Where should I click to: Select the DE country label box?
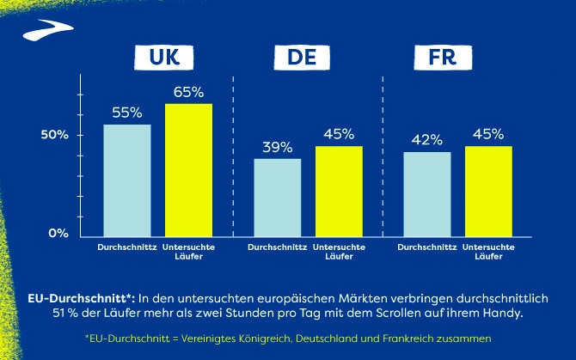(x=308, y=58)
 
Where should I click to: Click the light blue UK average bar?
(x=127, y=180)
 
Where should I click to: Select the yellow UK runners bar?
(x=188, y=170)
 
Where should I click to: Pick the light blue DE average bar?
(x=277, y=198)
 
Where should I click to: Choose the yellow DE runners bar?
(x=339, y=192)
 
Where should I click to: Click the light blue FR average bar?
(x=427, y=194)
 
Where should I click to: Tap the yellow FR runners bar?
(x=488, y=192)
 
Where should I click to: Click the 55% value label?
(x=127, y=113)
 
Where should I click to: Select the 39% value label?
(x=277, y=147)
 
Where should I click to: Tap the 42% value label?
(x=427, y=140)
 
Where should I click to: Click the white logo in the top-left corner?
(x=40, y=32)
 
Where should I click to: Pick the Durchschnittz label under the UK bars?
(x=127, y=247)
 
